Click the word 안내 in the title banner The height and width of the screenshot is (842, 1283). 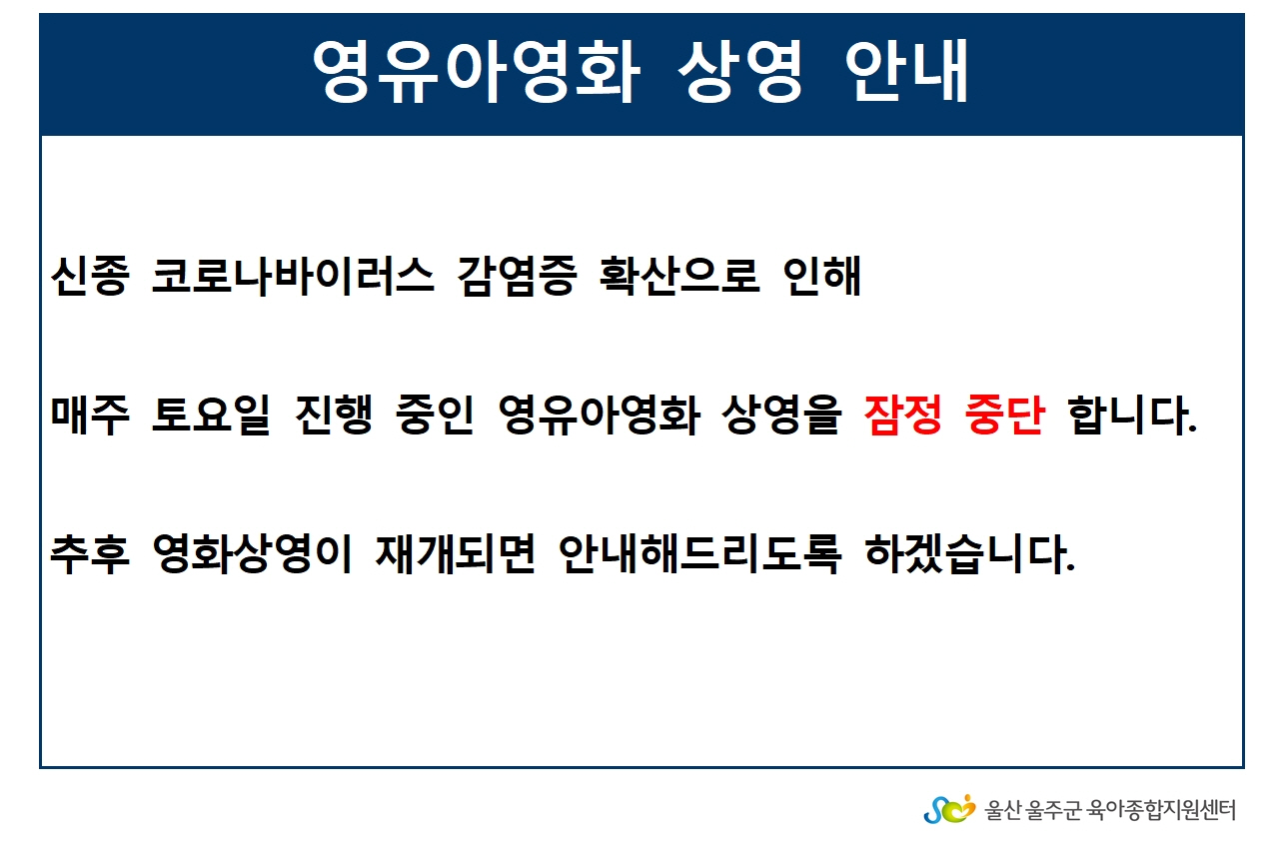[906, 71]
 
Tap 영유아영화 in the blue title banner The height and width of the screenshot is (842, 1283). [476, 72]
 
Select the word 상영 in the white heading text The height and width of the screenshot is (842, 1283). [740, 72]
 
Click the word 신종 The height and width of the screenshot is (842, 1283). [90, 277]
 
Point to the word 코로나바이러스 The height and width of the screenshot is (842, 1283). [292, 277]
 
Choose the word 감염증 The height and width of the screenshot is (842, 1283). [517, 277]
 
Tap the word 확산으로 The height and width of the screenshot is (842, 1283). [679, 277]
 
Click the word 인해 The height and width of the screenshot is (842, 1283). [822, 277]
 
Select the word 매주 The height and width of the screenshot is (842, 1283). [90, 415]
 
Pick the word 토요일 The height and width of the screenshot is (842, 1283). [211, 415]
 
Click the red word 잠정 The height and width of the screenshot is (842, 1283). [903, 415]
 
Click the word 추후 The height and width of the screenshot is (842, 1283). [90, 554]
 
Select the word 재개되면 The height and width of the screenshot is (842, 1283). [456, 554]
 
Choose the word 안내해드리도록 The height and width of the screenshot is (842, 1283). [699, 554]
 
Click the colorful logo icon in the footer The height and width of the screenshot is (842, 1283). [949, 809]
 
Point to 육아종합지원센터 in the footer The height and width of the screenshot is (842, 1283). [1161, 810]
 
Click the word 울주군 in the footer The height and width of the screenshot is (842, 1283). [1053, 810]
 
